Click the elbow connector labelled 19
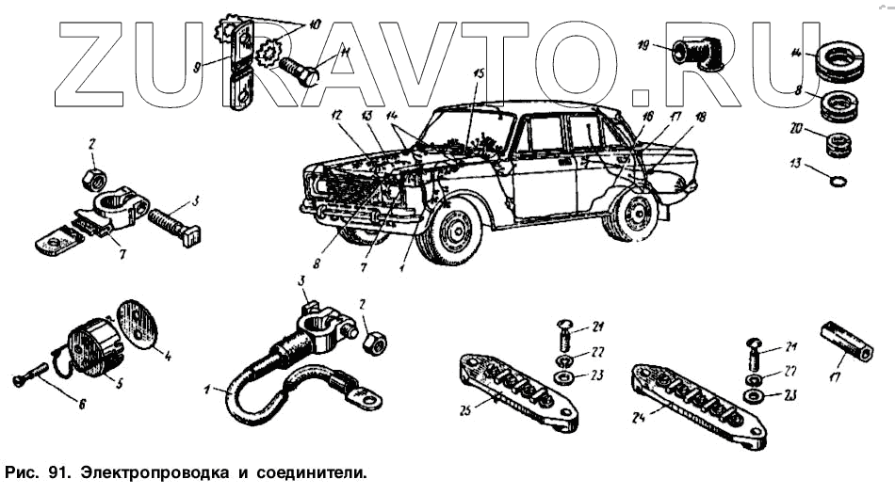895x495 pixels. pyautogui.click(x=694, y=51)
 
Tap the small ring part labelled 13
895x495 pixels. pyautogui.click(x=835, y=179)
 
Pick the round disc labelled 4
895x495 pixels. pyautogui.click(x=140, y=325)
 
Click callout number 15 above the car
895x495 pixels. pyautogui.click(x=479, y=72)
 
